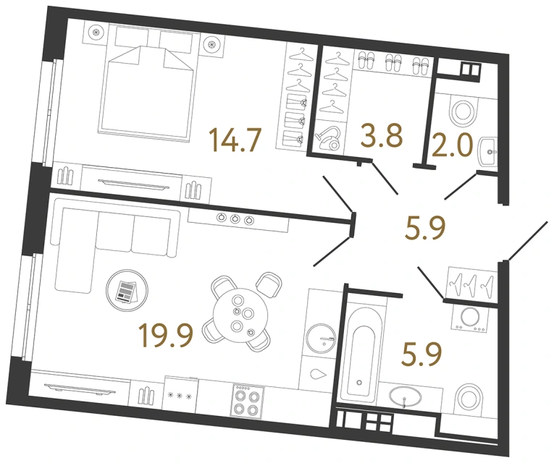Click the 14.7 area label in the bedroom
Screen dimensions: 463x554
tap(235, 139)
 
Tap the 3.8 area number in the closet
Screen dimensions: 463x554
tap(381, 135)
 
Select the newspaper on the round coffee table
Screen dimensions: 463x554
tap(125, 290)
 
